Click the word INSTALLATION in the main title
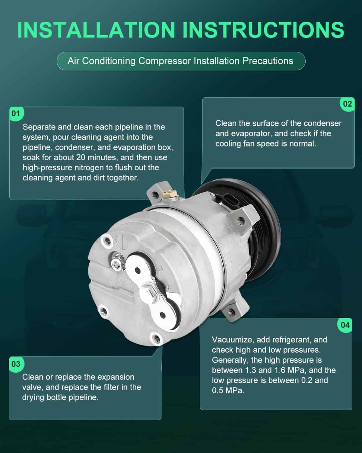pyautogui.click(x=96, y=30)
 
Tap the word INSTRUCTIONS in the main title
pyautogui.click(x=264, y=30)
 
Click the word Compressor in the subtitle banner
pyautogui.click(x=165, y=61)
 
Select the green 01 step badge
pyautogui.click(x=16, y=114)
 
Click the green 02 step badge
pyautogui.click(x=347, y=104)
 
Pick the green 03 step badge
pyautogui.click(x=16, y=364)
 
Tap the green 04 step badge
pyautogui.click(x=345, y=325)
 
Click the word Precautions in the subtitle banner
pyautogui.click(x=268, y=61)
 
